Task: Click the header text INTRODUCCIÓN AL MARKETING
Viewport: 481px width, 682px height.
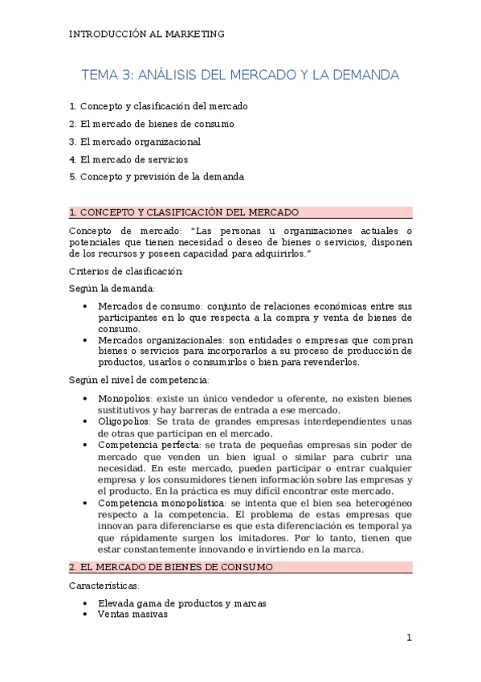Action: pos(147,34)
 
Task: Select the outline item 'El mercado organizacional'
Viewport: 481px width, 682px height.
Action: pos(134,142)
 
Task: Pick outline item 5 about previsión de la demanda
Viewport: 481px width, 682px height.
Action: pos(156,177)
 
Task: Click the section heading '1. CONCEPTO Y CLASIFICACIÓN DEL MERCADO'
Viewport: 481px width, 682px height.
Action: pos(184,212)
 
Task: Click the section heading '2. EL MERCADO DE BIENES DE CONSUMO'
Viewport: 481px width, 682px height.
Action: pos(171,567)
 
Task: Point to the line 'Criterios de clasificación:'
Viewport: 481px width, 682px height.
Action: pos(126,271)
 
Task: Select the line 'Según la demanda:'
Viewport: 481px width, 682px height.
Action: pos(113,288)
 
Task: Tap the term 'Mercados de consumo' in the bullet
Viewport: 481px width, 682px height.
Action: pos(149,306)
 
